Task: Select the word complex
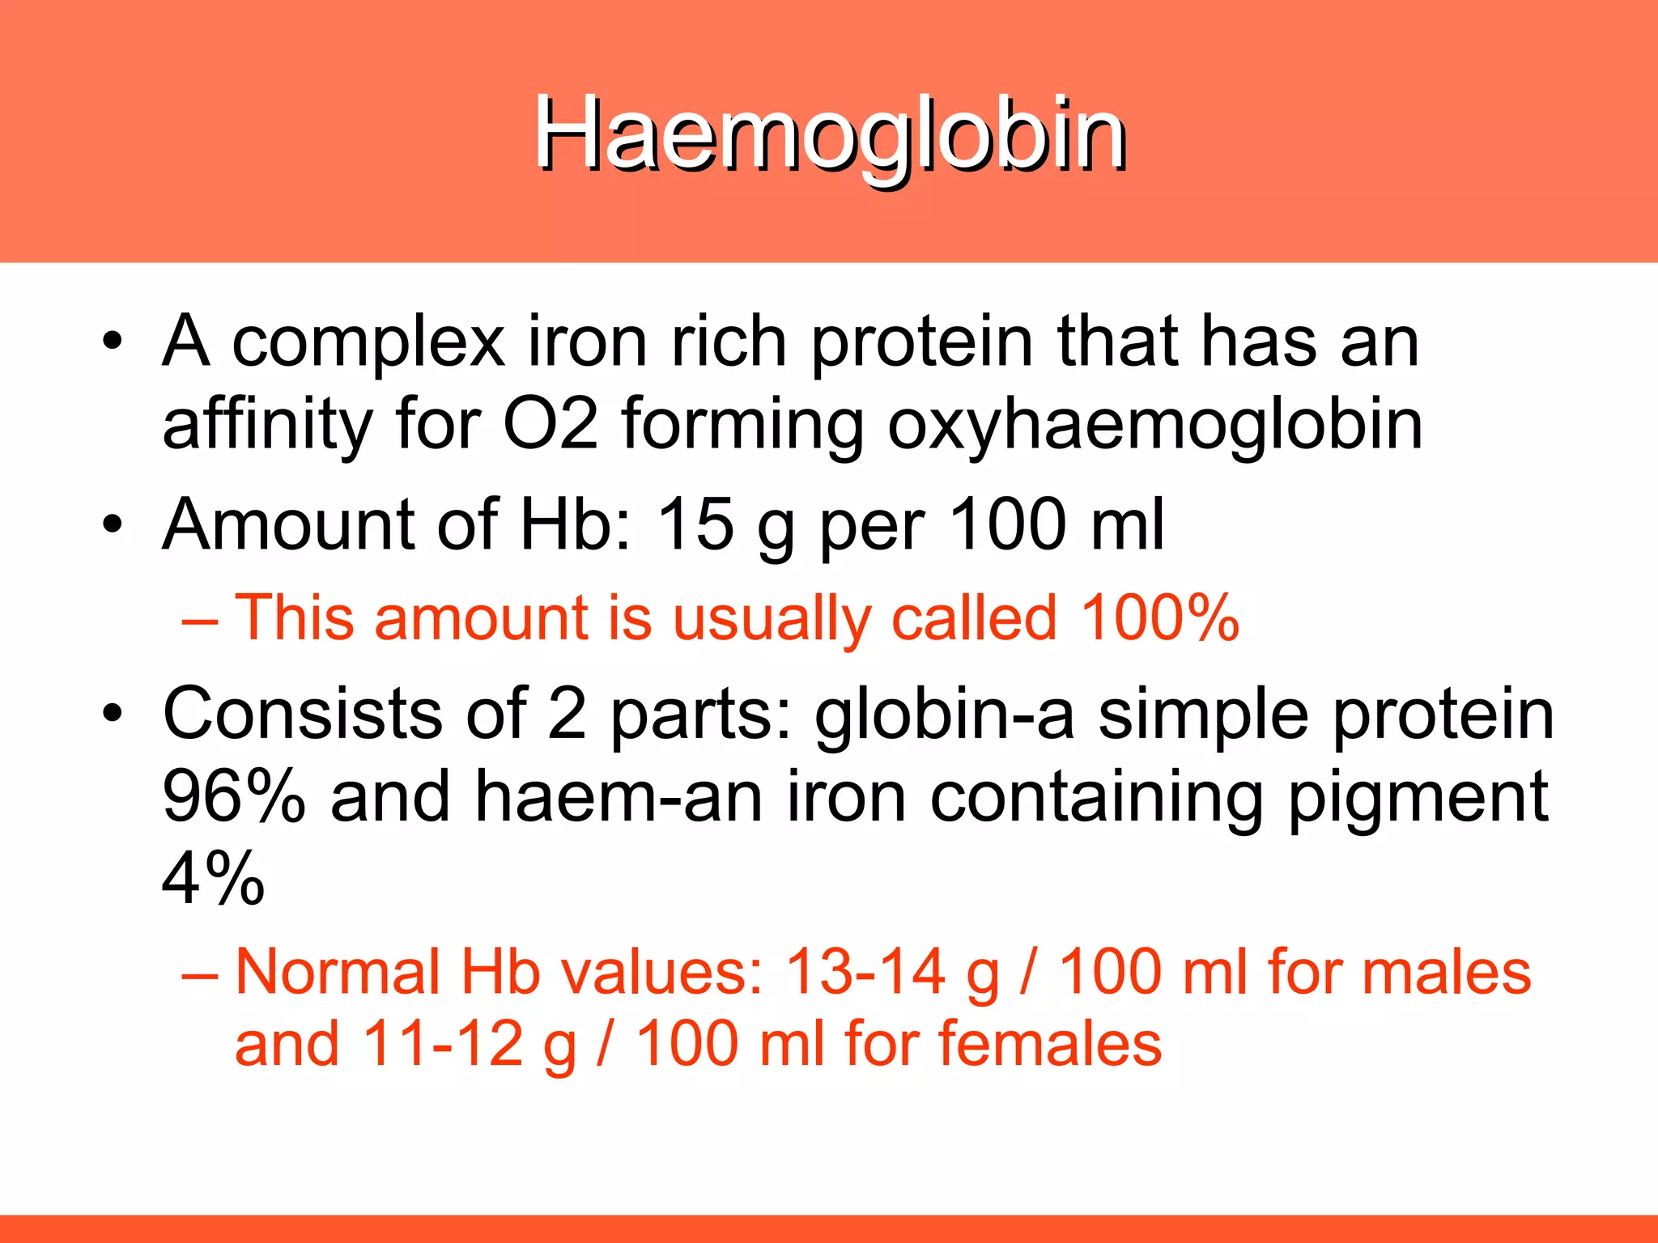tap(368, 344)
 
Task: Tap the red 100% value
tap(1159, 618)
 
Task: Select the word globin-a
tap(944, 715)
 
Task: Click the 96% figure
tap(234, 797)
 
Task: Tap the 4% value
tap(213, 879)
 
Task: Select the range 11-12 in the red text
tap(443, 1044)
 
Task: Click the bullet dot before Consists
tap(113, 715)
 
